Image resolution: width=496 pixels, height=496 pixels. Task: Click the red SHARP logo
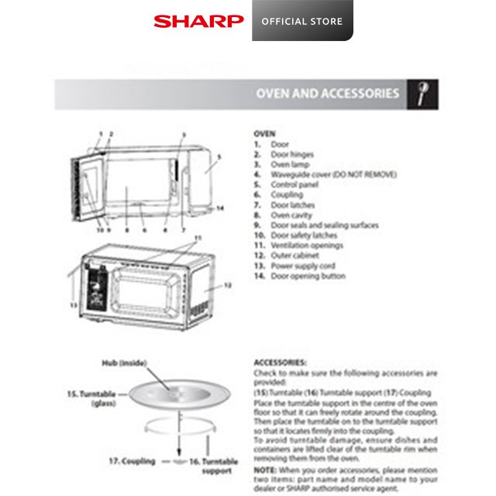(x=198, y=21)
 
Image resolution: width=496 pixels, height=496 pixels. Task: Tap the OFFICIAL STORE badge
(x=302, y=21)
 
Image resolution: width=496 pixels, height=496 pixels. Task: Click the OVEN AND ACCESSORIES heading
(x=328, y=94)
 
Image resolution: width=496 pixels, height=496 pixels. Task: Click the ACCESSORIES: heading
(x=280, y=362)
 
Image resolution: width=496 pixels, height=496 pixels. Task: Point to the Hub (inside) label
(x=124, y=362)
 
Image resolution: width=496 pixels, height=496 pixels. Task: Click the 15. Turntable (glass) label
(x=91, y=398)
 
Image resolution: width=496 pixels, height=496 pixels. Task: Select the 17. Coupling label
(x=131, y=461)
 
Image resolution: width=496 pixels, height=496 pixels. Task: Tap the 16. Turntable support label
(x=212, y=466)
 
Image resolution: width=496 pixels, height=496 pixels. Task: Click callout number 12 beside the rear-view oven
(x=228, y=285)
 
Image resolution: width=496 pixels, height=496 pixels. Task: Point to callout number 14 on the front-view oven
(x=220, y=208)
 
